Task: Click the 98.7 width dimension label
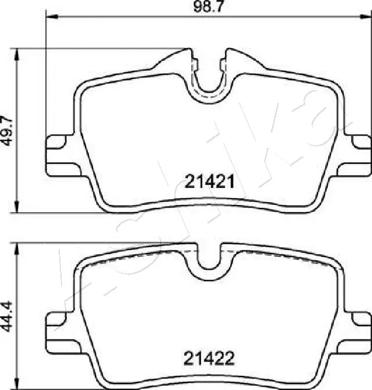[x=201, y=8]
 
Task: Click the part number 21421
[x=210, y=183]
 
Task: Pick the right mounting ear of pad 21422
[x=360, y=321]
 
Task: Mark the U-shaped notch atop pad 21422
[x=209, y=259]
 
